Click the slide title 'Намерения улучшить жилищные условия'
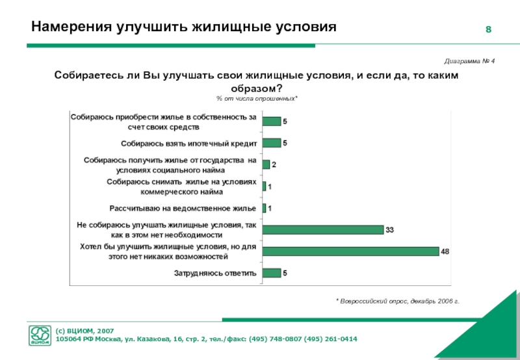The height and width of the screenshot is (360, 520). tap(184, 27)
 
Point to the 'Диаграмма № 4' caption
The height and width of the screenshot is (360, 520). tap(470, 60)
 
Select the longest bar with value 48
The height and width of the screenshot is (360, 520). tap(351, 251)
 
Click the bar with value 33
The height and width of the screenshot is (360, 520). tap(323, 229)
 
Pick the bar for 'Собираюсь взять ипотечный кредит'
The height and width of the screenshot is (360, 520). tap(271, 143)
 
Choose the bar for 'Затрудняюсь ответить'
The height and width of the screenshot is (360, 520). tap(271, 273)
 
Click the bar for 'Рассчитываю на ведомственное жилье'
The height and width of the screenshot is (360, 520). tap(264, 208)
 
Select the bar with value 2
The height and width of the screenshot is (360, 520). tap(266, 164)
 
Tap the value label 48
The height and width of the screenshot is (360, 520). tap(445, 251)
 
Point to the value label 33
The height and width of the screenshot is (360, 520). tap(390, 230)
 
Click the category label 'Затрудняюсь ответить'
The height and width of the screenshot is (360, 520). tap(215, 274)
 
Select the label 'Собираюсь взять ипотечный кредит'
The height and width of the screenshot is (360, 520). tap(189, 143)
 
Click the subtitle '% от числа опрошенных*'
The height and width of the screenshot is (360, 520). tap(257, 97)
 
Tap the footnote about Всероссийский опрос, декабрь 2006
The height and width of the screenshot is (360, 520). tap(397, 302)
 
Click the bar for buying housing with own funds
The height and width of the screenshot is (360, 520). tap(271, 122)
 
